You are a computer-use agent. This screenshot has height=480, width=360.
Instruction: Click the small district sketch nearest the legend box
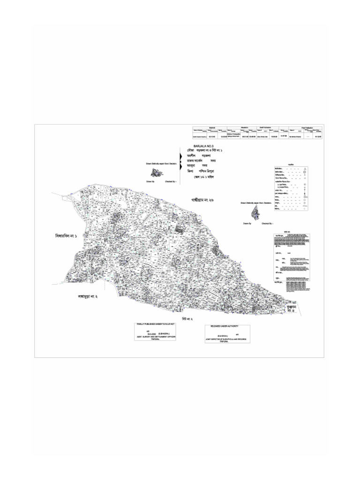(x=255, y=213)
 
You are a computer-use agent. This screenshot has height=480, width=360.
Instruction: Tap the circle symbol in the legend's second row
(x=305, y=172)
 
